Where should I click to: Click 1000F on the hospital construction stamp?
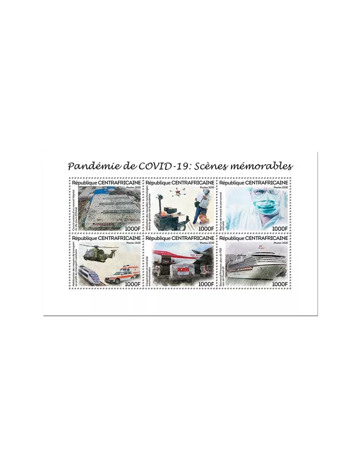(132, 227)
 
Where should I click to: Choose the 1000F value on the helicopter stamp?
(132, 283)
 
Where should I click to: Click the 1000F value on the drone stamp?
(206, 227)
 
